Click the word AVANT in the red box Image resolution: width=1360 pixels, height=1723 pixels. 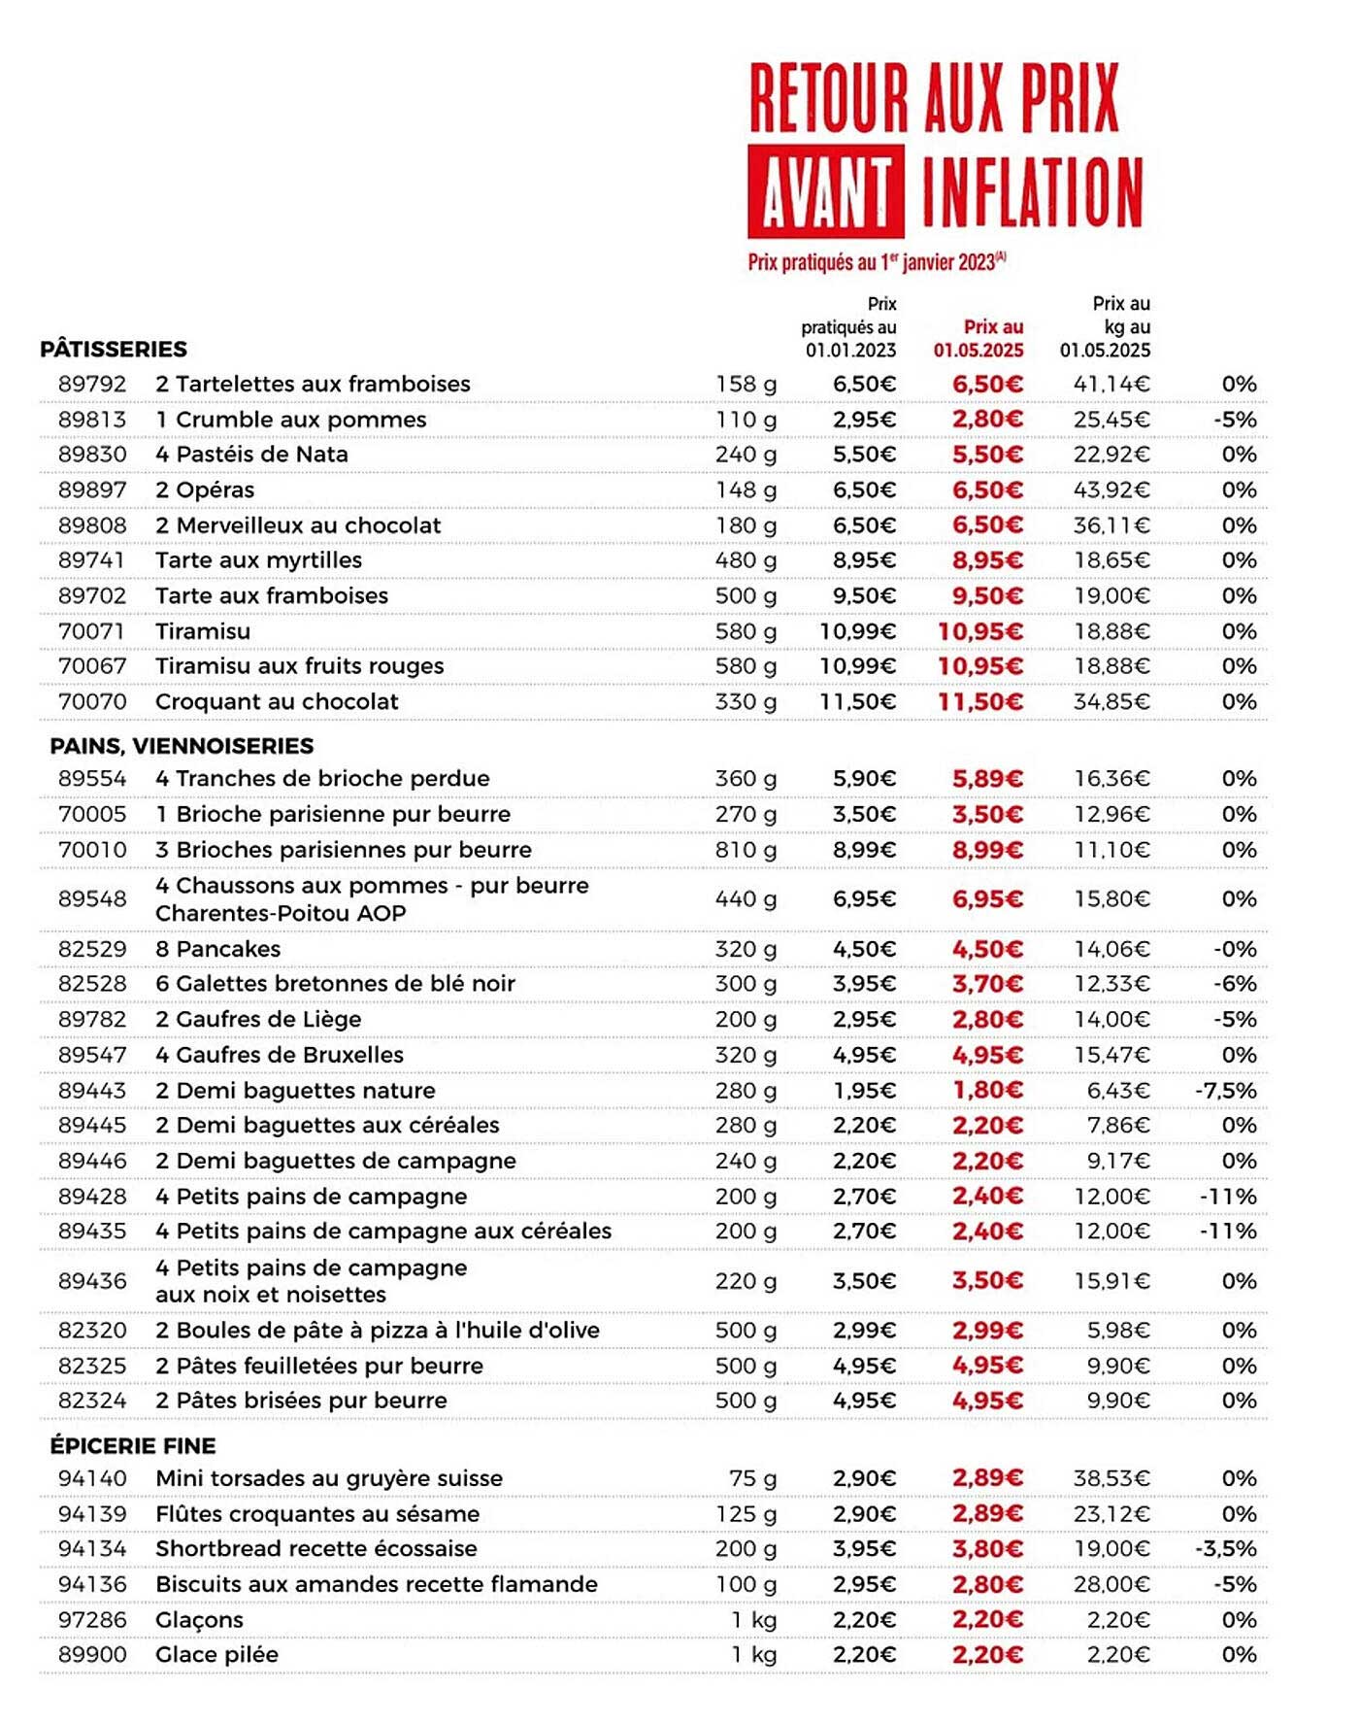pos(825,191)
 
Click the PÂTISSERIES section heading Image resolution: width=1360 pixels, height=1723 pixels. pos(114,349)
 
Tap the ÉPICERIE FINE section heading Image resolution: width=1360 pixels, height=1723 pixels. pos(133,1445)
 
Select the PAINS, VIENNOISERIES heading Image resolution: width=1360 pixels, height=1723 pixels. pos(182,746)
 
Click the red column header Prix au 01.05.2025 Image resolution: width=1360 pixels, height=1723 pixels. pos(979,338)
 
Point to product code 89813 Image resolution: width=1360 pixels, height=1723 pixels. pos(92,420)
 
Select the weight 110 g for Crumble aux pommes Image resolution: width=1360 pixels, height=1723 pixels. pos(746,420)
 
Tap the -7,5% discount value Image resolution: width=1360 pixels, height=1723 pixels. pos(1225,1090)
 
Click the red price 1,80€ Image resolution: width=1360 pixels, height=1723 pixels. pos(987,1090)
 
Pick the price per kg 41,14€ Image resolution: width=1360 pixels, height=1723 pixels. pos(1111,385)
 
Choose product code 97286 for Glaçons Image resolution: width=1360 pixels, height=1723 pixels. pos(92,1619)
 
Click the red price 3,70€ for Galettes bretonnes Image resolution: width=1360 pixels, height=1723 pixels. pos(987,984)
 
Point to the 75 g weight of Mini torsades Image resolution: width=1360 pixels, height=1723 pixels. pos(752,1478)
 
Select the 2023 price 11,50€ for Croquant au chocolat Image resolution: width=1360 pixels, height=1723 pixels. pos(857,701)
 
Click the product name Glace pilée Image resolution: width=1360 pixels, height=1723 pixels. pos(216,1654)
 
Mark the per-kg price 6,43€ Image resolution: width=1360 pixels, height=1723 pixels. pos(1118,1090)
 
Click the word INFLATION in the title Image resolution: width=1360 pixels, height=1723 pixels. pos(1032,191)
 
